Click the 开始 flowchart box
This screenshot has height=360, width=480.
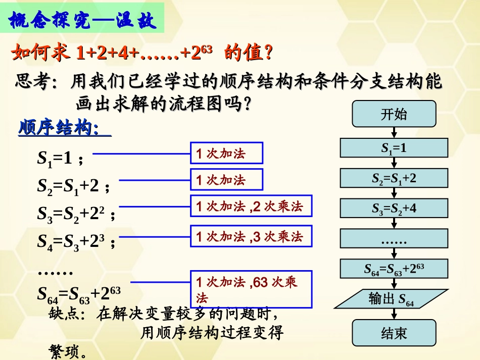point(394,114)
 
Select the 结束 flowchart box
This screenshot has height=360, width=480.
point(394,332)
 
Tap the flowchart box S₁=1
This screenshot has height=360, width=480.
point(394,148)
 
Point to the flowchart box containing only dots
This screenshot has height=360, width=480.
point(394,239)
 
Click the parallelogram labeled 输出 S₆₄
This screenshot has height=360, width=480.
point(392,299)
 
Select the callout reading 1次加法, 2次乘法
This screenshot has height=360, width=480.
point(250,206)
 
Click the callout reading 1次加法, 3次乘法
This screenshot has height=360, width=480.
point(250,236)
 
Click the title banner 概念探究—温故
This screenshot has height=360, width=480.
point(83,21)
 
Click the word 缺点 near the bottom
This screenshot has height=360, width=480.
point(64,314)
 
